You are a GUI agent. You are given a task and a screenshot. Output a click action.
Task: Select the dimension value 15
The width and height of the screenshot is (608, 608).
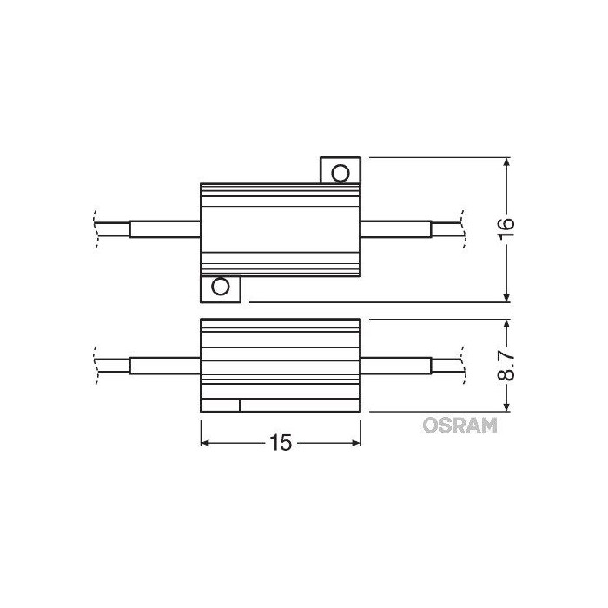280,443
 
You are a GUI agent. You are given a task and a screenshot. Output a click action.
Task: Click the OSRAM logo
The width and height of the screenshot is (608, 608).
459,425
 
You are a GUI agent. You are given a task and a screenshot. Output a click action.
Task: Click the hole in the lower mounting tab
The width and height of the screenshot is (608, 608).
221,287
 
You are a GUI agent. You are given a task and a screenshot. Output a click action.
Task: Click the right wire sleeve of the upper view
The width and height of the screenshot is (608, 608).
396,228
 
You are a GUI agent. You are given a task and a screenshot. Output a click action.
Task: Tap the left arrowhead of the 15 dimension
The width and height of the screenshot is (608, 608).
207,443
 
